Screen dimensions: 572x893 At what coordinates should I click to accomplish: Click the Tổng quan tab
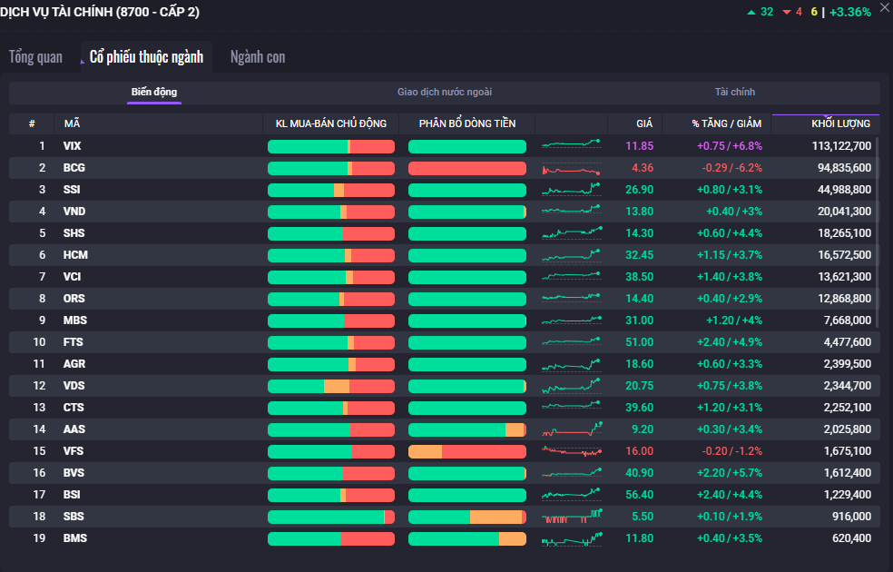click(x=36, y=57)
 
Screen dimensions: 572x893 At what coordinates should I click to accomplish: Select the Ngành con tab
click(x=258, y=57)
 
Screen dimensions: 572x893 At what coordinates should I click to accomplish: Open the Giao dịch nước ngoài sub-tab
click(x=445, y=92)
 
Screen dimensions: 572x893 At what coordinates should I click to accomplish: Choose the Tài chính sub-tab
click(x=735, y=92)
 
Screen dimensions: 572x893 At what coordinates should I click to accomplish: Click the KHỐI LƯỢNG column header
click(x=840, y=123)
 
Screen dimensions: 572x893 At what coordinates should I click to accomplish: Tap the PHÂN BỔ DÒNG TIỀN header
click(x=467, y=123)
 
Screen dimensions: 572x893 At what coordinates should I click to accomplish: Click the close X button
click(x=885, y=8)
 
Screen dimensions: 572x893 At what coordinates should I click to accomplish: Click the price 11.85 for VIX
click(x=639, y=146)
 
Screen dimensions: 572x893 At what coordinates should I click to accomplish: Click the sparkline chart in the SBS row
click(x=572, y=517)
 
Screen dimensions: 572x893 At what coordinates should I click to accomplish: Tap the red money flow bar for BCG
click(x=467, y=168)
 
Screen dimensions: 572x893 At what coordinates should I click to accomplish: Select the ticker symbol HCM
click(x=75, y=255)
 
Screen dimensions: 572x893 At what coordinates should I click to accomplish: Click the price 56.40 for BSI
click(x=639, y=495)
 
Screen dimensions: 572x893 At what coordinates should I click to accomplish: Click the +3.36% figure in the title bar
click(x=850, y=12)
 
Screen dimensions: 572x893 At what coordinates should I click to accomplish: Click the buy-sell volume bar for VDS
click(x=331, y=386)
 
